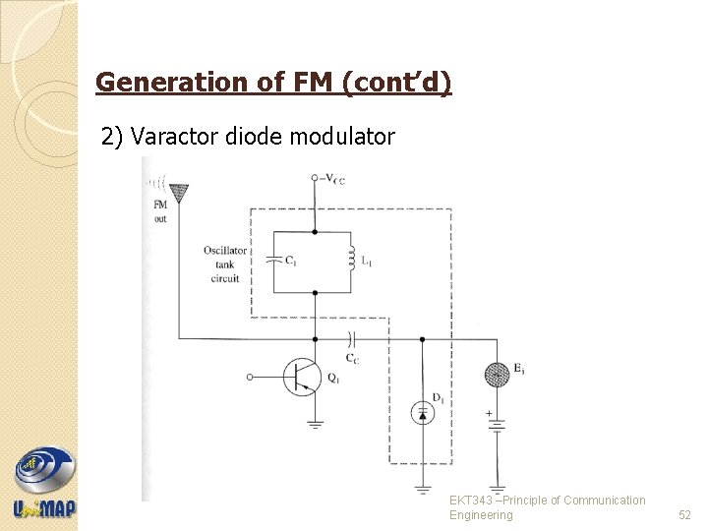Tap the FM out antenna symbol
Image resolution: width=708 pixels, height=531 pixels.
tap(179, 194)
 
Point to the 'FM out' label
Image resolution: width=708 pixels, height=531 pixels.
tap(159, 211)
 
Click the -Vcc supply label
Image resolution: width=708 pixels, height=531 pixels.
tap(331, 178)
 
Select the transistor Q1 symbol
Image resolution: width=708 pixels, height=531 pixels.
tap(301, 377)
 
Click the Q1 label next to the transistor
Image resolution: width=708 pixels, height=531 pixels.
tap(334, 376)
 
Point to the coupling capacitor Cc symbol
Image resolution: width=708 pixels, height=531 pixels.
tap(351, 339)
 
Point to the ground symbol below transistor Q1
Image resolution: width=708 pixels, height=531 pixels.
tap(315, 424)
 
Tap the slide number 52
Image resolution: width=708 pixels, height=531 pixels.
tap(685, 515)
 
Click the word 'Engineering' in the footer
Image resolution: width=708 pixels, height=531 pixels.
tap(481, 515)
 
